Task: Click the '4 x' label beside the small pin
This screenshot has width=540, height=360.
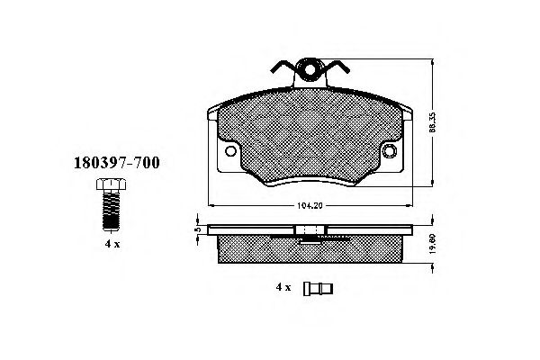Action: (x=283, y=287)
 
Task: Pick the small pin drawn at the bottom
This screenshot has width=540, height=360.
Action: (x=319, y=288)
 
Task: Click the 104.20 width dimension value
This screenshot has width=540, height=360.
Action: (x=310, y=204)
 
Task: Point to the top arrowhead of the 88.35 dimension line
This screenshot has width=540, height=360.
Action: (x=434, y=60)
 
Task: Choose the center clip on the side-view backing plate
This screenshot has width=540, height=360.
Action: (x=310, y=233)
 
